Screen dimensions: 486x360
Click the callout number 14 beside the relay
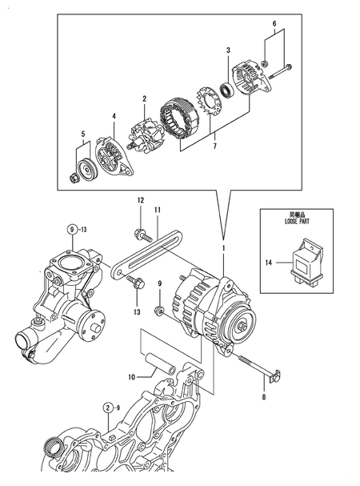coord(269,261)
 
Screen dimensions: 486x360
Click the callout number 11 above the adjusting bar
coord(158,210)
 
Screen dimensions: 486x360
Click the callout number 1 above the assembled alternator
coord(224,249)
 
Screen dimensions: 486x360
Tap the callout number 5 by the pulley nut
coord(82,135)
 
